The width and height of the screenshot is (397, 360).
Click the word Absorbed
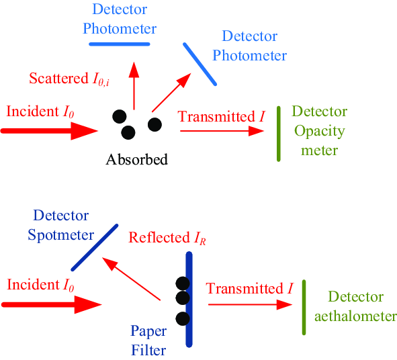click(x=137, y=159)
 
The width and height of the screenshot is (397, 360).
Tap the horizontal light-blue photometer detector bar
click(x=120, y=44)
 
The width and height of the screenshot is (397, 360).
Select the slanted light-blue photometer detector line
click(x=200, y=64)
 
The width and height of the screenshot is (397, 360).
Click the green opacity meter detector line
click(x=279, y=134)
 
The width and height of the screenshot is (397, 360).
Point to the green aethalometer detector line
click(x=304, y=308)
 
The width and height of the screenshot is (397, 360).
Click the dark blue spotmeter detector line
click(x=95, y=247)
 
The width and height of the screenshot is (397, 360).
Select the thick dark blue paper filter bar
click(x=189, y=300)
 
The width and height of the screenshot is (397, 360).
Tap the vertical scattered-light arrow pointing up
click(x=134, y=86)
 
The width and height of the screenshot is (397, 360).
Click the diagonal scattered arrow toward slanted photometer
click(x=171, y=93)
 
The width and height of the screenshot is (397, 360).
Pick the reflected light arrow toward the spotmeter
click(x=131, y=279)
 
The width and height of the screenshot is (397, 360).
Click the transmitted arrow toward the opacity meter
click(x=222, y=131)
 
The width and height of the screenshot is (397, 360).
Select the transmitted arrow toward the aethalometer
click(x=250, y=304)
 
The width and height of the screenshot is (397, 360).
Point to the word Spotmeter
click(x=60, y=235)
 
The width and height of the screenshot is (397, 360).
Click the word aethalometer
click(x=355, y=316)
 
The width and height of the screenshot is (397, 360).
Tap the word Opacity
click(x=320, y=132)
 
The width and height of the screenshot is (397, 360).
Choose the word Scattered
click(x=58, y=78)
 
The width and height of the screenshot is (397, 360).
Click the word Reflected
click(x=159, y=238)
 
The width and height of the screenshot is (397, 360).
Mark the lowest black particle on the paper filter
click(x=183, y=319)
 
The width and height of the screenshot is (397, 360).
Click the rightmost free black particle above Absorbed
click(x=155, y=124)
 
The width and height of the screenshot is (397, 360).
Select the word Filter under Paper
click(x=148, y=351)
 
